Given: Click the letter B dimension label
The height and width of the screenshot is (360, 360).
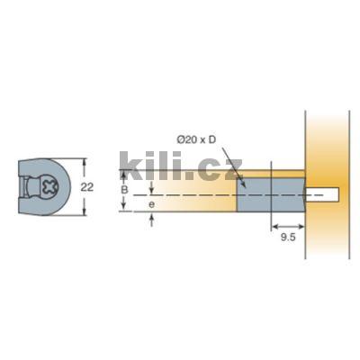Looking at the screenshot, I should click(124, 190).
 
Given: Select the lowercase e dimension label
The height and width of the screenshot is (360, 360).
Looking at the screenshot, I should click(151, 206).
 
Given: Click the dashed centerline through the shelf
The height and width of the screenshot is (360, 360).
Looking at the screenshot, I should click(198, 193).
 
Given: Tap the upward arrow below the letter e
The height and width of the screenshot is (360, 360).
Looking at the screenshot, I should click(151, 219).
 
